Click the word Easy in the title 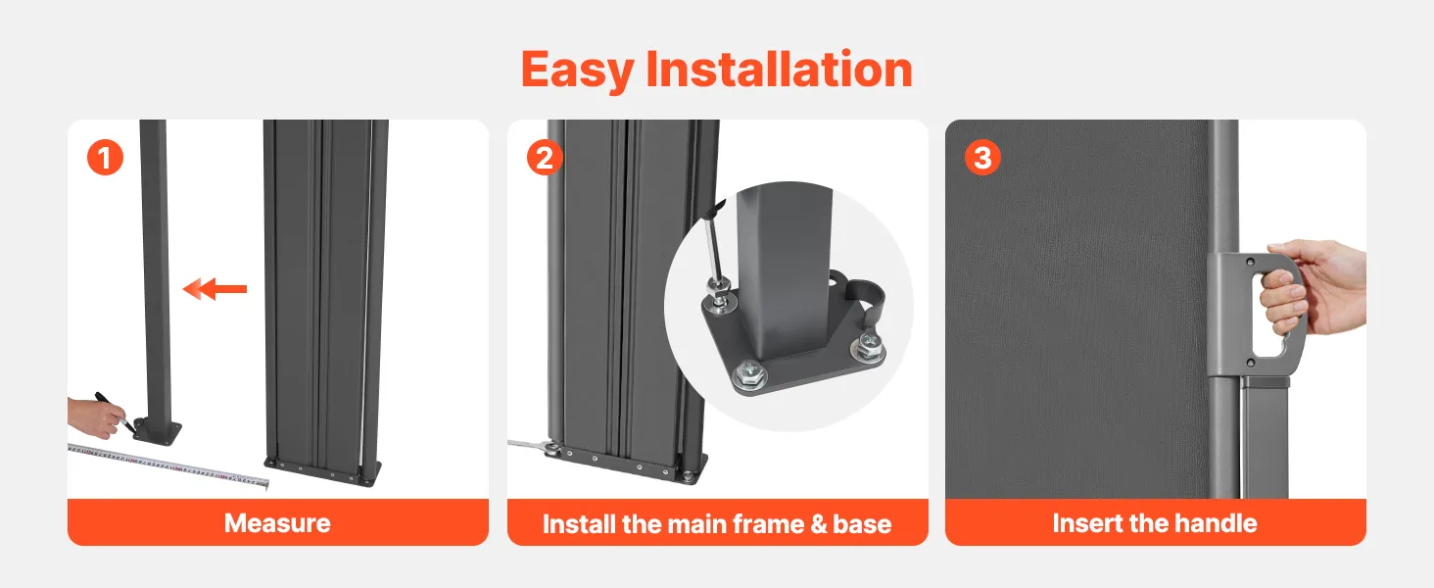578,71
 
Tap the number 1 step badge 105,158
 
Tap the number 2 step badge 545,158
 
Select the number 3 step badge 982,158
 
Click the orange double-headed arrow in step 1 215,289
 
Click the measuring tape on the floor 168,466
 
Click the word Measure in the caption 277,523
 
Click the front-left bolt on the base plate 749,374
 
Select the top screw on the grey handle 1250,262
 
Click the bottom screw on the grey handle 1250,364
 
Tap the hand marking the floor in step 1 95,416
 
